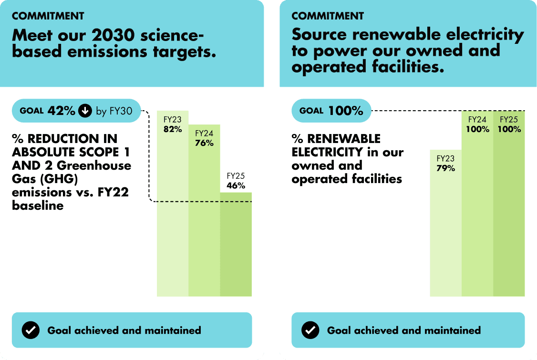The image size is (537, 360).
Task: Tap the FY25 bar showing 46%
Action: coord(236,243)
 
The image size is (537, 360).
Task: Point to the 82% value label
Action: coord(173,129)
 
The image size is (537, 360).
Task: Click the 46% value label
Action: coord(236,185)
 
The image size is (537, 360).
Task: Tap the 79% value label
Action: coord(445,168)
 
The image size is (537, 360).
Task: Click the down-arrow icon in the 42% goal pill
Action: coord(85,111)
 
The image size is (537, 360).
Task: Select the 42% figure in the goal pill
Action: coord(61,111)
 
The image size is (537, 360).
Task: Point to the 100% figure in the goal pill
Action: coord(345,111)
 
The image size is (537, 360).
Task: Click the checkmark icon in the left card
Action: coord(31,330)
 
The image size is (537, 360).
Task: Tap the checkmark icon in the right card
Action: coord(310,330)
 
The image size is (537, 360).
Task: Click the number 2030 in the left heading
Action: coord(110,35)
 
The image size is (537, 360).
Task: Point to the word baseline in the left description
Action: coord(38,206)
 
